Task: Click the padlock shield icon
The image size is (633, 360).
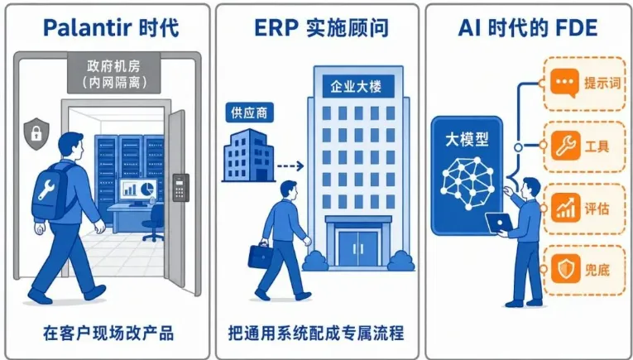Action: coord(36,133)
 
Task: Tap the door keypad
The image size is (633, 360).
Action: coord(181,187)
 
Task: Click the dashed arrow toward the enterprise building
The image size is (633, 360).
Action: coord(290,166)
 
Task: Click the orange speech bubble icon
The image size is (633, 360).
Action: coord(565,84)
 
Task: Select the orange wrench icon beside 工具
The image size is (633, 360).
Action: coord(565,146)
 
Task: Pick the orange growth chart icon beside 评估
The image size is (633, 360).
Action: coord(565,208)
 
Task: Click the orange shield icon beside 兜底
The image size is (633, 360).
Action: coord(565,269)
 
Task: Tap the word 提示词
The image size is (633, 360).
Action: coord(602,84)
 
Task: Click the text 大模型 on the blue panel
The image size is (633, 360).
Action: coord(467,140)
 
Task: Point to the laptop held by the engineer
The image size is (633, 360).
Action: coord(499,223)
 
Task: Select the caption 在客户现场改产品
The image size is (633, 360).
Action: coord(108,334)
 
